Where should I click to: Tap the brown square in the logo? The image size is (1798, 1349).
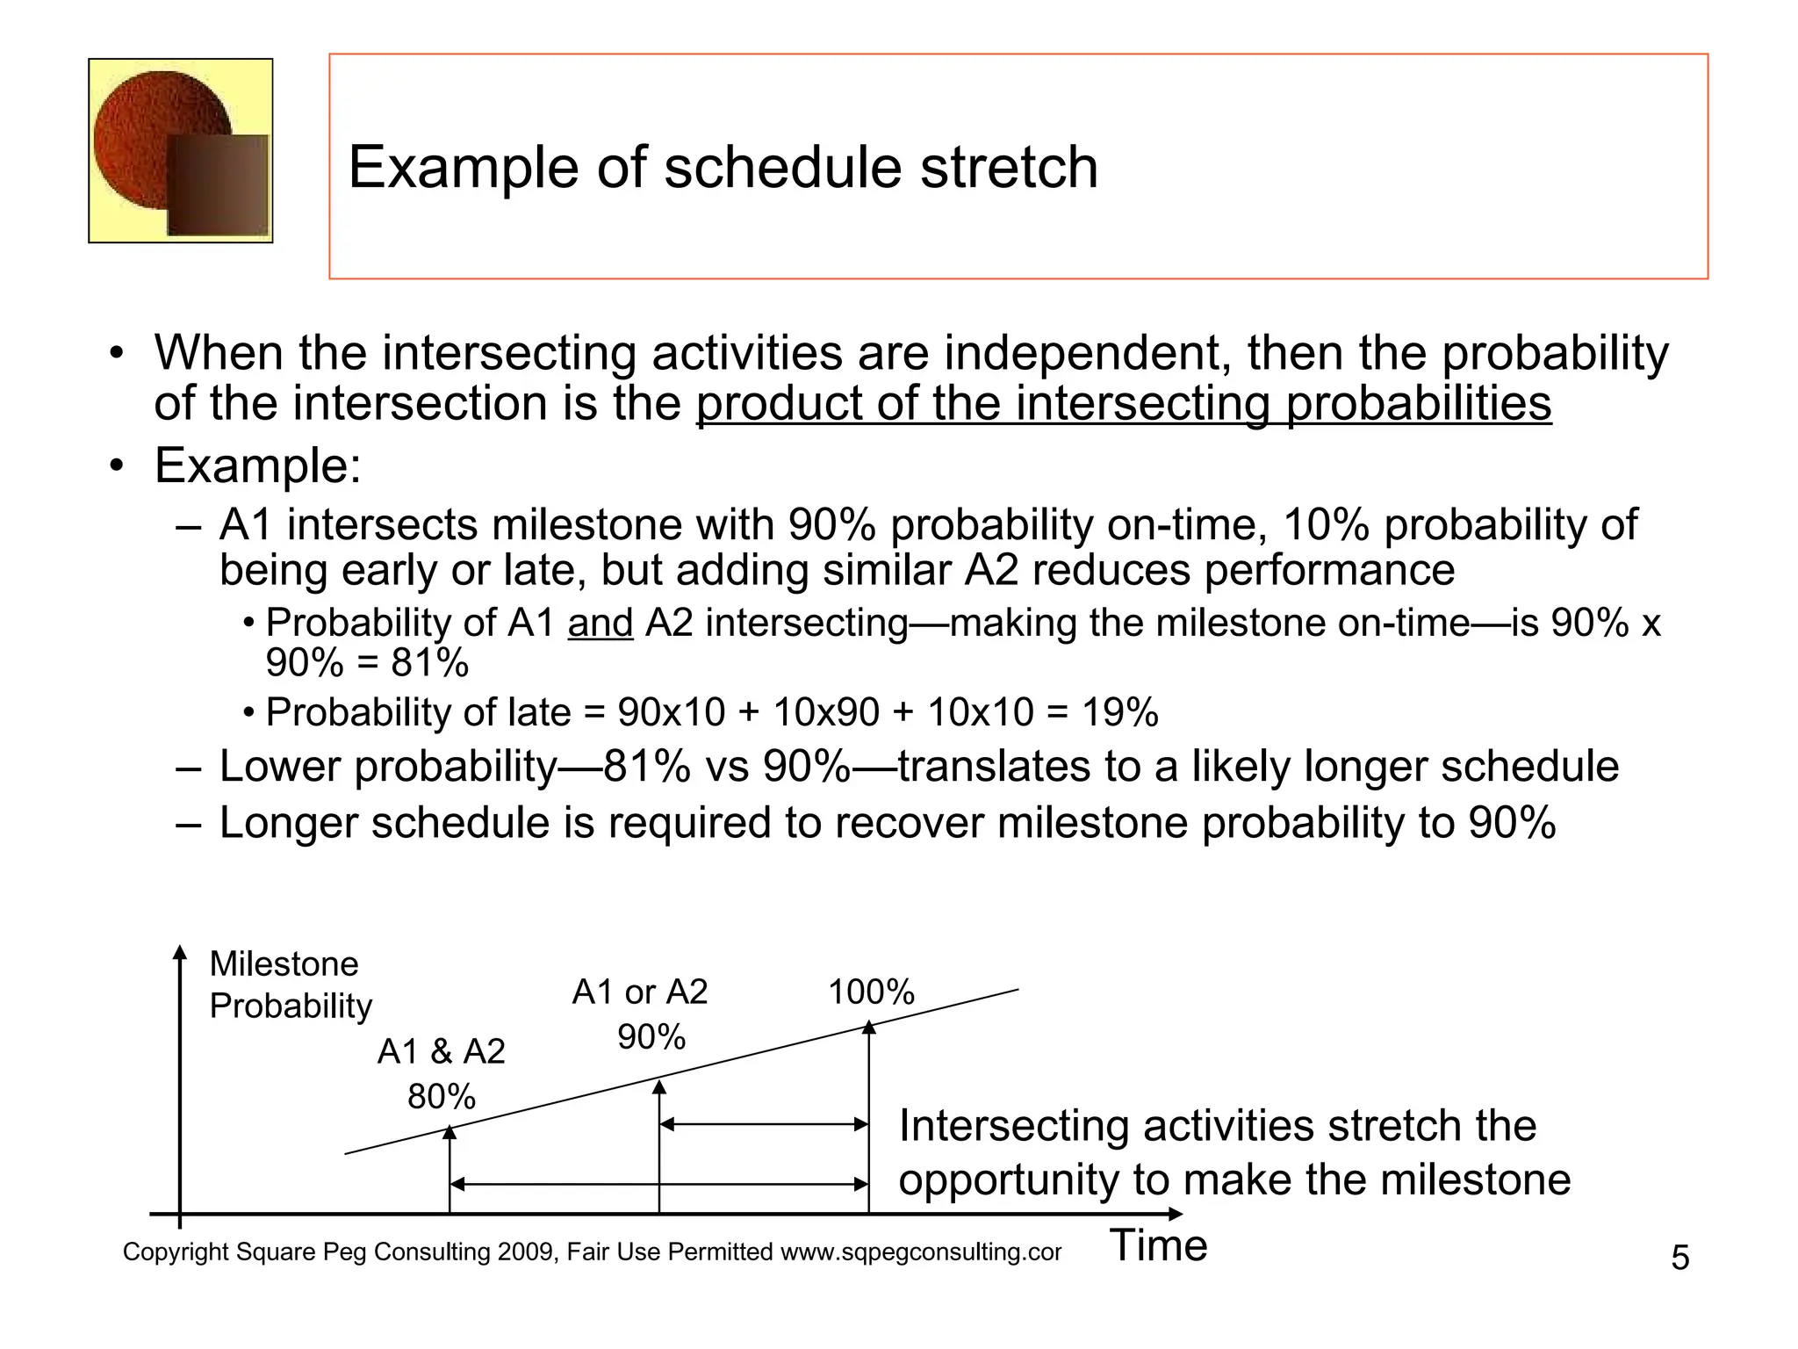(218, 185)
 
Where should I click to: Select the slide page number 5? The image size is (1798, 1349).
(1679, 1258)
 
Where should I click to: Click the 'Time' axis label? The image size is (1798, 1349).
(1158, 1245)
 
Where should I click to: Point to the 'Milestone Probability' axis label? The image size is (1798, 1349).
(290, 985)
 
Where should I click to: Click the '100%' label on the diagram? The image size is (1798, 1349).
(871, 992)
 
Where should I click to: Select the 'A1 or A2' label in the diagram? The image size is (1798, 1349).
(639, 992)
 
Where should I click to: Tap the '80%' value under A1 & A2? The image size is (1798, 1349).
(441, 1096)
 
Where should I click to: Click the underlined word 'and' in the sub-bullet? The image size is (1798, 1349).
(601, 623)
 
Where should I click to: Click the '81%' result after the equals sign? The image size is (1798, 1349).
(430, 662)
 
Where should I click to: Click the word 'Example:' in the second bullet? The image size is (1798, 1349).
(257, 465)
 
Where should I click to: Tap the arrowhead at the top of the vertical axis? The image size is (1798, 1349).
(180, 952)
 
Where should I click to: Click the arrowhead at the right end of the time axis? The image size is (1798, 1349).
(1176, 1214)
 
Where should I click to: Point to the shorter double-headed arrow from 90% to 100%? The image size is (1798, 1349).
(764, 1124)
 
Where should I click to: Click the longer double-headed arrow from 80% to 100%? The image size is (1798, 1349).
(658, 1184)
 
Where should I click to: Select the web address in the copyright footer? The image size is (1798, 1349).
(921, 1252)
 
